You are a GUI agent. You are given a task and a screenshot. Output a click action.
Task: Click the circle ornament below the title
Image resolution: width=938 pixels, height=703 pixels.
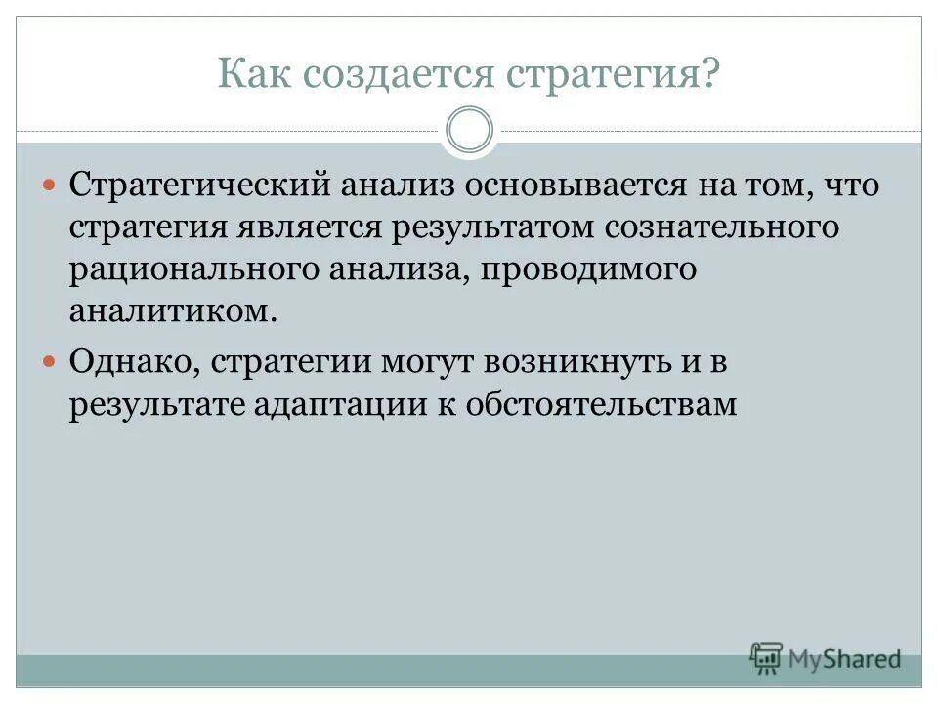469,131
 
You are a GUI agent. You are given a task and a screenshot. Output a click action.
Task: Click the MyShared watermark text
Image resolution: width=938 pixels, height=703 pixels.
846,659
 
